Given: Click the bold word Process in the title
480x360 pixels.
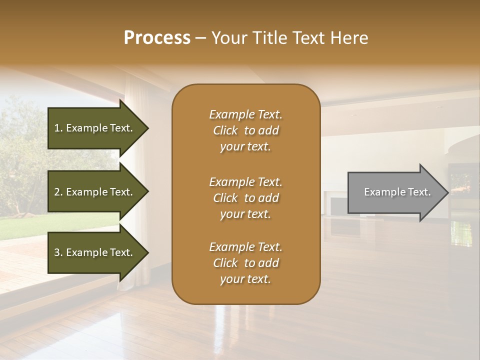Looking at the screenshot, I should [157, 38].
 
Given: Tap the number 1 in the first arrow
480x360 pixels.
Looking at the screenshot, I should [57, 128].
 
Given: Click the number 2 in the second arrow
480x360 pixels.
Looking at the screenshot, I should [57, 192].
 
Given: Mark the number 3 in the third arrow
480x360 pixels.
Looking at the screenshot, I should [57, 252].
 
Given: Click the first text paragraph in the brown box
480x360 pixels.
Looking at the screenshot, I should [245, 130].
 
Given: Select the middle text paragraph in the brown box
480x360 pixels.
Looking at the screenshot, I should [245, 198].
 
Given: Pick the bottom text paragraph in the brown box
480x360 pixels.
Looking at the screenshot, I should [245, 263].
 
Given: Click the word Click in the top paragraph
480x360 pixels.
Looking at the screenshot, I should [225, 131].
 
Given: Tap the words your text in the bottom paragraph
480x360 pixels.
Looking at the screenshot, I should [245, 279].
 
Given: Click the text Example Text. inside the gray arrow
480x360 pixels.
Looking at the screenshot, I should [397, 192].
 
